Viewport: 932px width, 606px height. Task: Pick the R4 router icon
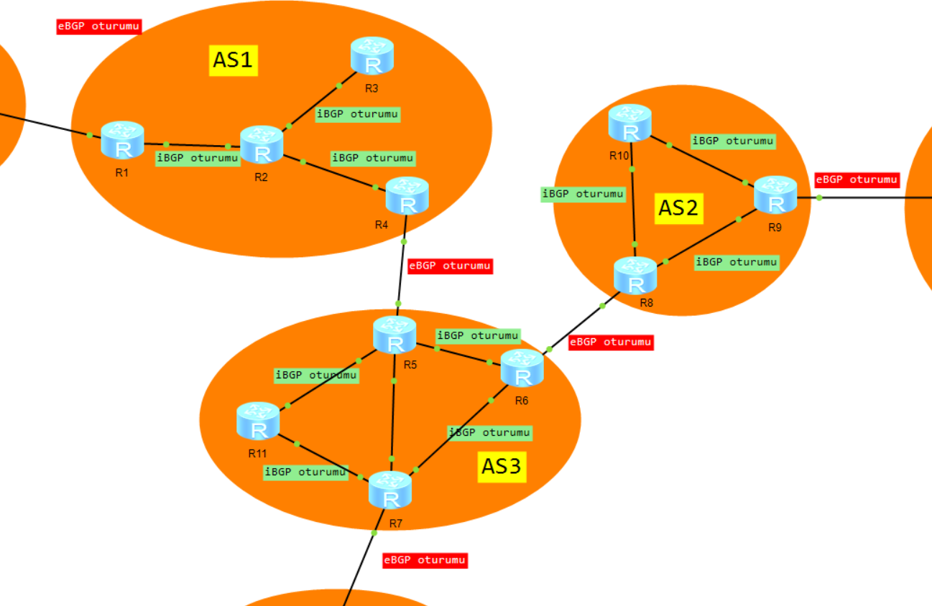pos(407,196)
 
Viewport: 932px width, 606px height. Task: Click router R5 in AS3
pos(395,335)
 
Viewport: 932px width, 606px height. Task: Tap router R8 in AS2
pos(635,276)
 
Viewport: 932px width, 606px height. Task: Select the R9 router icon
pos(775,195)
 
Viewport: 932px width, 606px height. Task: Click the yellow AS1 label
pos(234,61)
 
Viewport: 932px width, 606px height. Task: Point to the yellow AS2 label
pos(679,208)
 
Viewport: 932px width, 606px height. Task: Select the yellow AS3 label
pos(502,467)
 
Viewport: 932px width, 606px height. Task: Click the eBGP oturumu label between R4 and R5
pos(450,266)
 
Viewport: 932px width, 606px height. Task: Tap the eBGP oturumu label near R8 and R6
pos(611,342)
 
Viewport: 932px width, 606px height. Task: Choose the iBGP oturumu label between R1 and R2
pos(198,158)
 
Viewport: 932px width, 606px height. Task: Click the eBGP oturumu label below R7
pos(425,560)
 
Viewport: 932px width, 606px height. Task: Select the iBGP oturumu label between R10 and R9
pos(732,141)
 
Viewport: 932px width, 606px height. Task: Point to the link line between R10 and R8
pos(633,208)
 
